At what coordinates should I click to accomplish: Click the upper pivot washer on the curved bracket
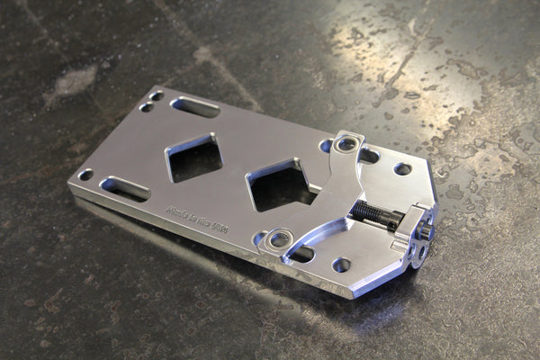(x=344, y=143)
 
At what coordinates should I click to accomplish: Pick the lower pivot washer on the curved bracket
(x=280, y=239)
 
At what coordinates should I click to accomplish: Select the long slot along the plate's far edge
(x=195, y=106)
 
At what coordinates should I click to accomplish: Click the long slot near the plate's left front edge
(x=125, y=188)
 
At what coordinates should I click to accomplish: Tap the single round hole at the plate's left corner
(x=85, y=175)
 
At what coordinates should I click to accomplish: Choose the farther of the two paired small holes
(x=157, y=95)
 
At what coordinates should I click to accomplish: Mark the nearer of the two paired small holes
(x=146, y=107)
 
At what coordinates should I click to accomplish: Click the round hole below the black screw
(x=341, y=265)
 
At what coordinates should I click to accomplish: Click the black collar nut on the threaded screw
(x=389, y=223)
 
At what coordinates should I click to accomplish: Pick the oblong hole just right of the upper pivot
(x=369, y=155)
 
